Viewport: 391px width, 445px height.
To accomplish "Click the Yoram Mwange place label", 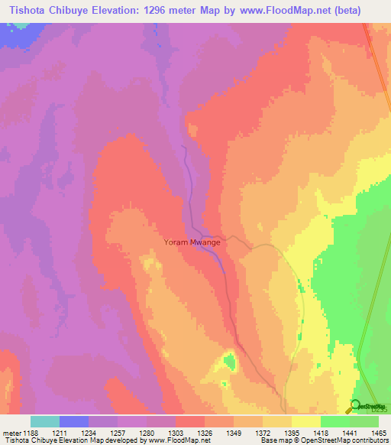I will click(x=192, y=242).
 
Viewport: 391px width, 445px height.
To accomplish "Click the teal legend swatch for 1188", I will click(x=44, y=421).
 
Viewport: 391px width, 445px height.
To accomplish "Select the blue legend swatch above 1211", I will click(x=74, y=421).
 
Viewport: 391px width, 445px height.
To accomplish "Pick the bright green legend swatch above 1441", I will click(x=335, y=421).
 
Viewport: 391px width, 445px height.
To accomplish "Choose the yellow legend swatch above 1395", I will click(x=306, y=421).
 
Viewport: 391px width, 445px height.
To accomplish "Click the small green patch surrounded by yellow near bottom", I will click(x=229, y=359).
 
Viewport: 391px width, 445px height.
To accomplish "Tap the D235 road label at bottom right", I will click(x=370, y=411).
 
